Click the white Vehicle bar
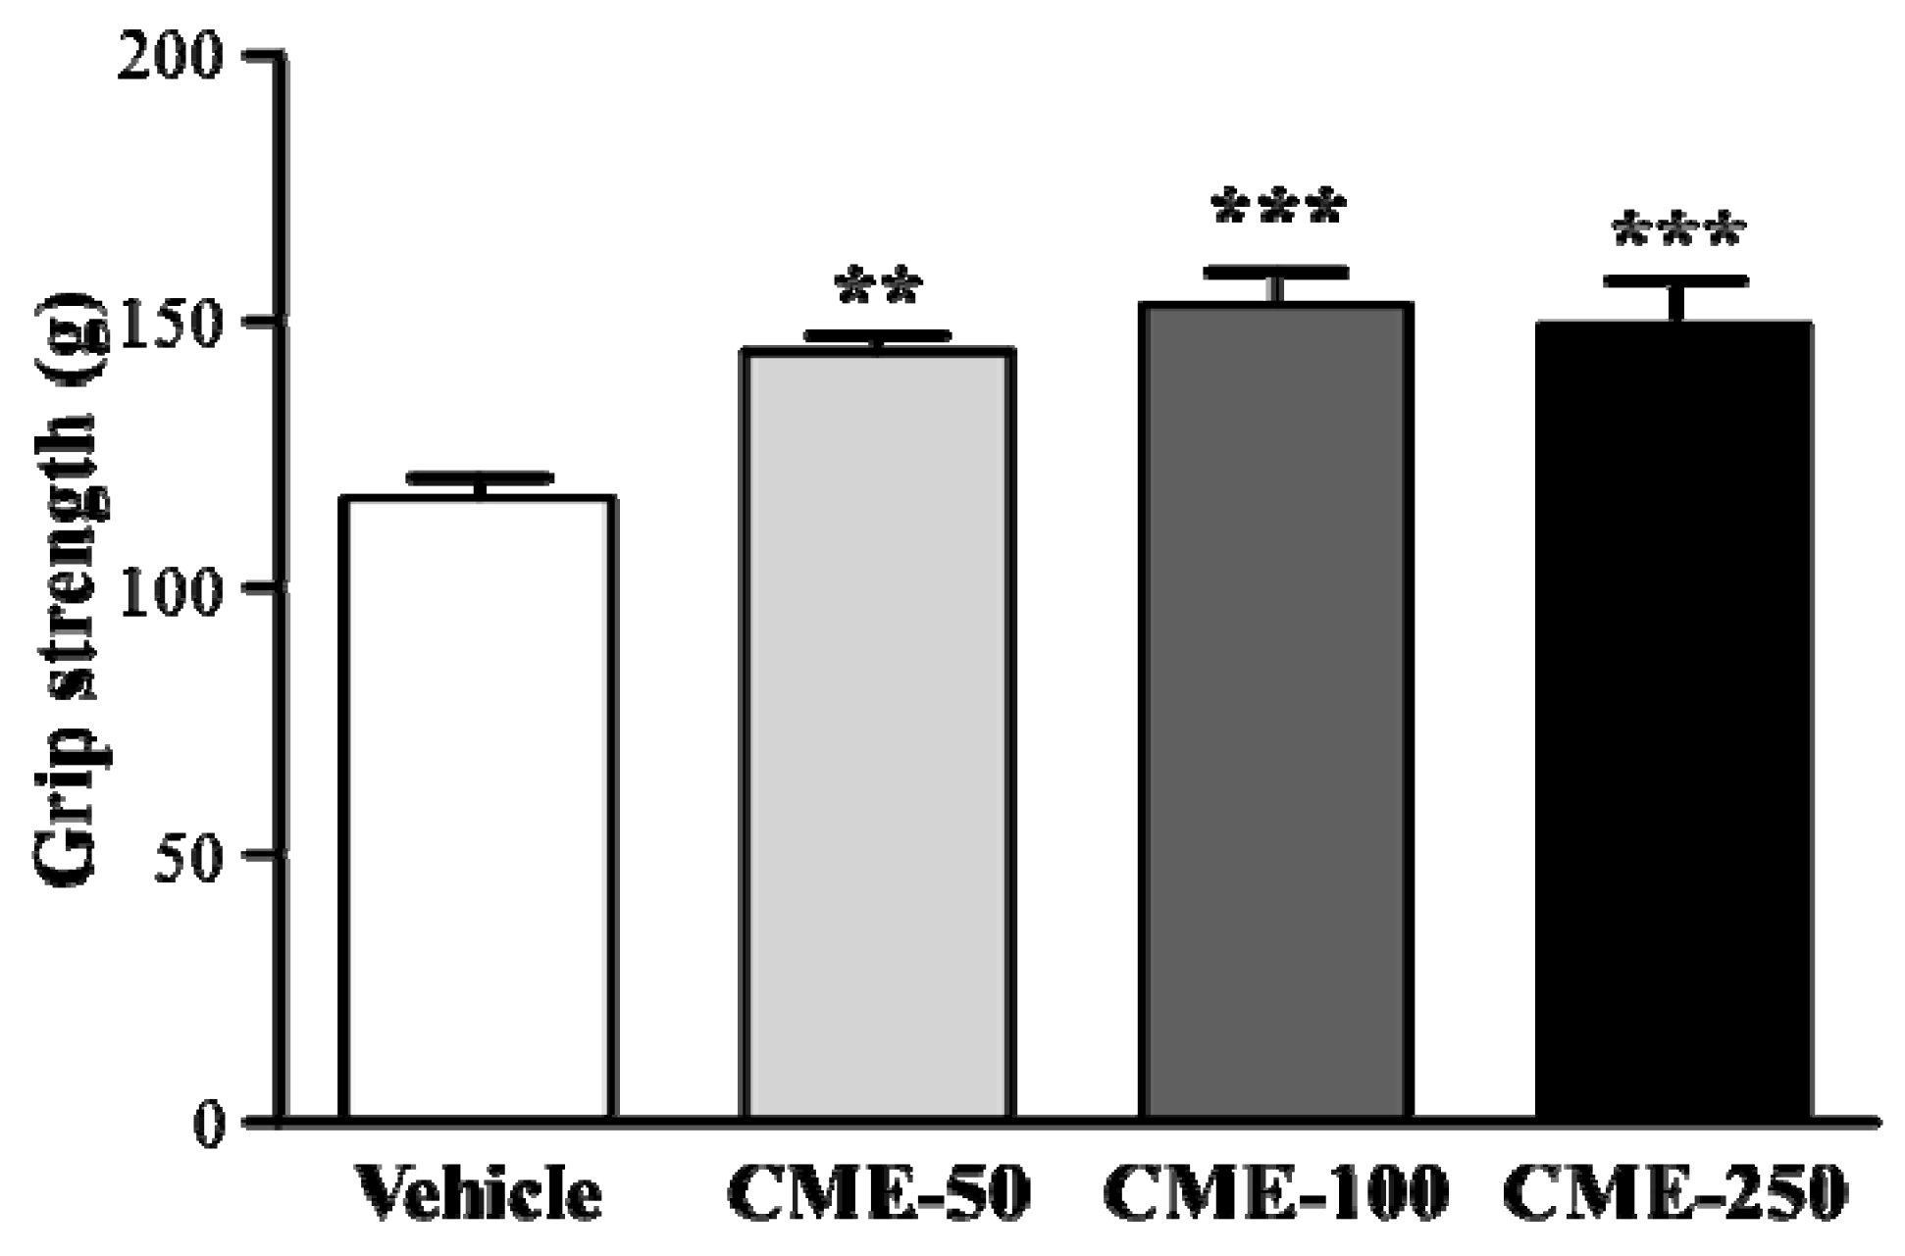(478, 806)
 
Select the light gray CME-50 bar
(876, 732)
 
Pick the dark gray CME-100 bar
(1275, 710)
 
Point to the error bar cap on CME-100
(1276, 272)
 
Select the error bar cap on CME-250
(1676, 281)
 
